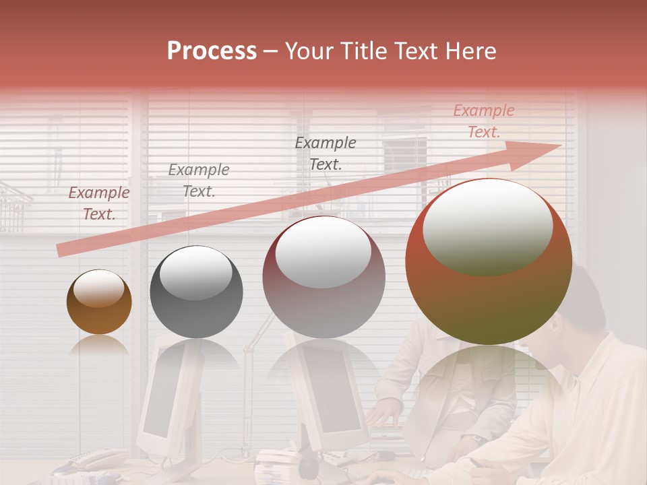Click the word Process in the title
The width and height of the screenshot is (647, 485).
(x=212, y=51)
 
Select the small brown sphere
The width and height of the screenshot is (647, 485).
(x=99, y=302)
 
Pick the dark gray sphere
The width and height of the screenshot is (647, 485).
(x=196, y=292)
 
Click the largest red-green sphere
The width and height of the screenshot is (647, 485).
(x=489, y=261)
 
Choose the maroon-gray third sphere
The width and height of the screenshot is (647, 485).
(x=323, y=277)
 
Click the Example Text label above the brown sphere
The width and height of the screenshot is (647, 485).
(x=99, y=203)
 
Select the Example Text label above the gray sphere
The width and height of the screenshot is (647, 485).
(x=198, y=181)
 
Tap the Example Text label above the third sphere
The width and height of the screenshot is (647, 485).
(x=326, y=153)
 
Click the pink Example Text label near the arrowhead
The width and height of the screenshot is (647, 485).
(x=483, y=121)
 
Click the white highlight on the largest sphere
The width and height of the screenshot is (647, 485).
(x=487, y=227)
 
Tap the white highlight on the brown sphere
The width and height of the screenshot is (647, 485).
(x=99, y=289)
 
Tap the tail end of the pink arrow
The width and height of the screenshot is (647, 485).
(x=62, y=251)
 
